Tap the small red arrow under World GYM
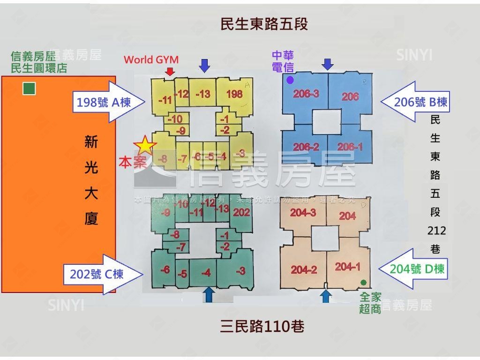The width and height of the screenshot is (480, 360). click(x=170, y=71)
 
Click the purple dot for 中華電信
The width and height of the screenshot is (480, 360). click(x=290, y=80)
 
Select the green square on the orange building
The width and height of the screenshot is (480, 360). click(x=29, y=88)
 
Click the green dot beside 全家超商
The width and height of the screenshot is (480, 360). click(x=363, y=282)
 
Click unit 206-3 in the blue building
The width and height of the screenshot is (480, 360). click(x=306, y=94)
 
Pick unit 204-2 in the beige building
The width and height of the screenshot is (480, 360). click(x=304, y=270)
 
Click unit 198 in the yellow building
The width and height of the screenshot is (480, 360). click(x=234, y=94)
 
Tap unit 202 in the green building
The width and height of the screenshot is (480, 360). click(x=241, y=212)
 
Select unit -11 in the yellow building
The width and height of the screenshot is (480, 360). click(x=165, y=100)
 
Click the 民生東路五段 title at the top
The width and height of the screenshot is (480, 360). click(x=264, y=24)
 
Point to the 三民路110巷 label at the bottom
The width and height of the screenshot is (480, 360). click(x=262, y=326)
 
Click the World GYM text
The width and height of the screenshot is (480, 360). click(x=151, y=60)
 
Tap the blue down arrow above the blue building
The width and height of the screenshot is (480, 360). click(x=328, y=64)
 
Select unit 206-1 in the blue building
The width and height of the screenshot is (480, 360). click(x=350, y=147)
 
